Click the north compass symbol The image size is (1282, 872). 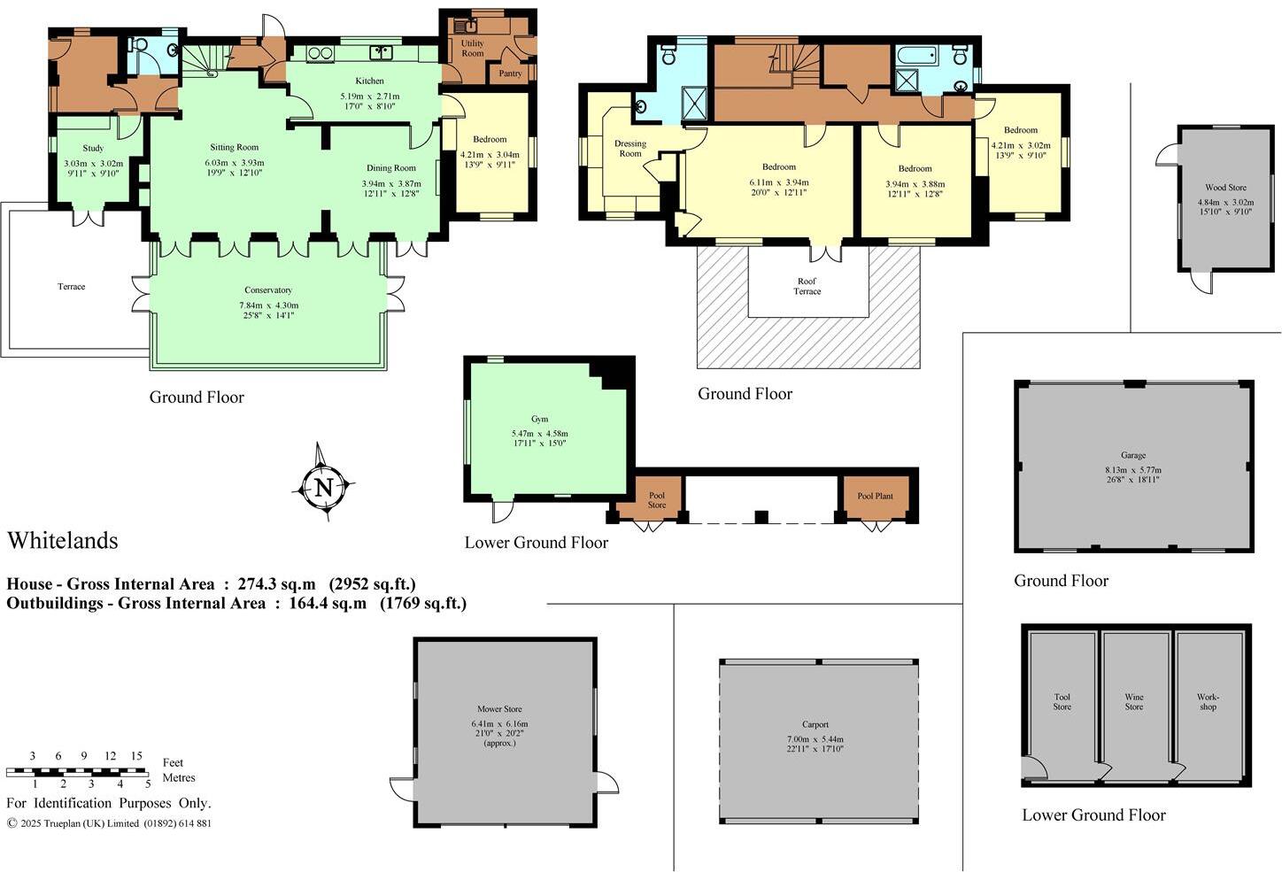[x=323, y=486]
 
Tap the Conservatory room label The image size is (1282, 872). [x=268, y=290]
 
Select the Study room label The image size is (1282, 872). [x=93, y=149]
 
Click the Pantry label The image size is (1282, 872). [x=511, y=73]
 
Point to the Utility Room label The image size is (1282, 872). [x=473, y=48]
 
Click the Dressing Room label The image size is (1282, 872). [x=629, y=148]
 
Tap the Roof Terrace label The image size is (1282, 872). [x=807, y=286]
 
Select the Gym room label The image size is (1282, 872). [x=539, y=420]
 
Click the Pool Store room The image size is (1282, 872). [x=656, y=500]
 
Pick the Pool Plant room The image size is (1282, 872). [x=875, y=497]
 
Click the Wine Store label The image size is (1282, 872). [x=1133, y=702]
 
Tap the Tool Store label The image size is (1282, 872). [x=1062, y=702]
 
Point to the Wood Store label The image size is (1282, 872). [x=1225, y=188]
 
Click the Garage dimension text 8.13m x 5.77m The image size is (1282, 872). [x=1133, y=470]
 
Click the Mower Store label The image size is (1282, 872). [x=499, y=709]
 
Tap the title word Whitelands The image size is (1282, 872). [x=63, y=540]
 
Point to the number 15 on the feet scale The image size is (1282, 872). [x=136, y=756]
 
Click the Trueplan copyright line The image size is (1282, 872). [x=109, y=823]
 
